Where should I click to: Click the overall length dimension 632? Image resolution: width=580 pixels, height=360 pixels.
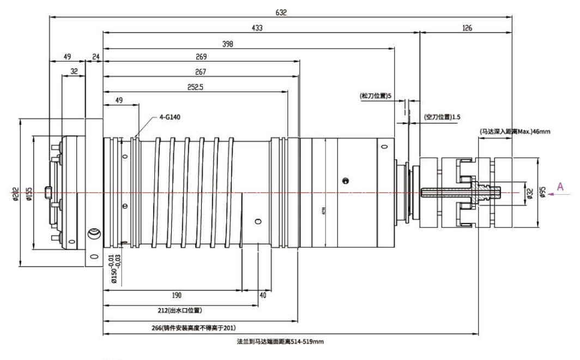click(x=281, y=11)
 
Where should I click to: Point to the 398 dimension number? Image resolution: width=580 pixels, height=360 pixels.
click(x=229, y=44)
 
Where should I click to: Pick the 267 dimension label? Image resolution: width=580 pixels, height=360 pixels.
click(x=201, y=71)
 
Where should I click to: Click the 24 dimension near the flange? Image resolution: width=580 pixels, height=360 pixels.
click(x=96, y=56)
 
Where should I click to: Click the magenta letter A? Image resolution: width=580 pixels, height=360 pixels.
click(x=559, y=187)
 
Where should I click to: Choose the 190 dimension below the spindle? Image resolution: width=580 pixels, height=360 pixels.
click(x=176, y=295)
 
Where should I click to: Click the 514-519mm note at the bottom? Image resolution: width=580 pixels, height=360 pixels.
click(x=281, y=341)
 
